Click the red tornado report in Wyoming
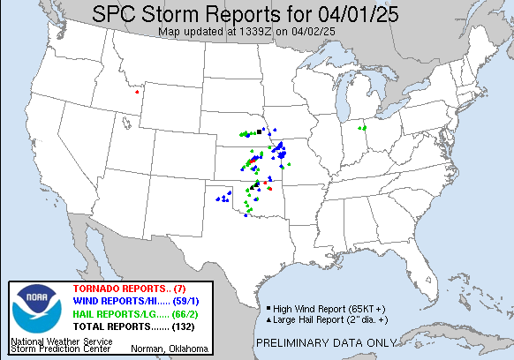[137, 91]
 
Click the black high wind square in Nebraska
[259, 131]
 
